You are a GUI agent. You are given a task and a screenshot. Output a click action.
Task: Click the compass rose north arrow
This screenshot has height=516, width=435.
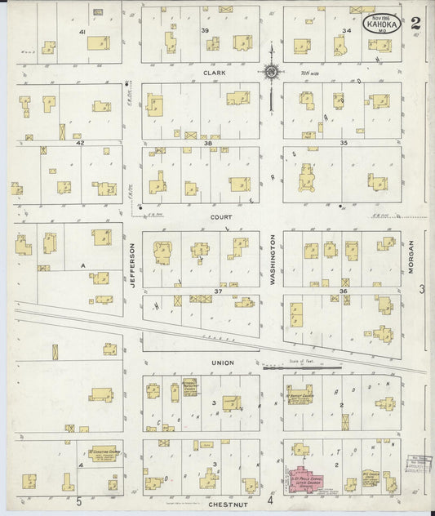point(269,71)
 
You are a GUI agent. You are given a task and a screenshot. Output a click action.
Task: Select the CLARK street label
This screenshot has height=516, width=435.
point(215,72)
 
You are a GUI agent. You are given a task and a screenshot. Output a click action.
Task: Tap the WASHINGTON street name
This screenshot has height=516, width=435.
point(272,260)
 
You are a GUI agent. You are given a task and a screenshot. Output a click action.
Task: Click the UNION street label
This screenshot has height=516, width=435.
point(223,363)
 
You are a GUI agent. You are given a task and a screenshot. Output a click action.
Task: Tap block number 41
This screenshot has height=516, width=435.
point(82,31)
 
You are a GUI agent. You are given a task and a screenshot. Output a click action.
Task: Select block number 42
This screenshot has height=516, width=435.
point(80,143)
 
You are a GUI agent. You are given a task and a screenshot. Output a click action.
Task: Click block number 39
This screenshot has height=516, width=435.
point(206,30)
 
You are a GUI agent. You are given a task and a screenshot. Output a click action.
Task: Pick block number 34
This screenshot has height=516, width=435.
point(346,30)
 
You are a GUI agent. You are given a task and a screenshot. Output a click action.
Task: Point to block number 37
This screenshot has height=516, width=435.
point(218,291)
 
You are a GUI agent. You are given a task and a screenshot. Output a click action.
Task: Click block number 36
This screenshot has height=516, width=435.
point(344,291)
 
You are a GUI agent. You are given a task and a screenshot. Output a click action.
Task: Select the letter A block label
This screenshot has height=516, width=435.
point(82,265)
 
